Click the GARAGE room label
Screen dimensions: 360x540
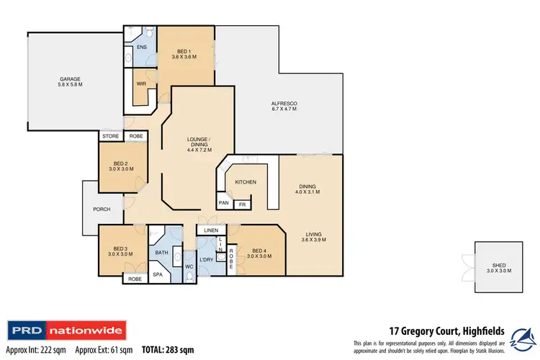click(x=71, y=81)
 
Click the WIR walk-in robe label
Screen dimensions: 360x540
click(x=141, y=84)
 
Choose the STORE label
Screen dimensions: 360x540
click(x=110, y=135)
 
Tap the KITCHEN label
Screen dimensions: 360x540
click(x=245, y=183)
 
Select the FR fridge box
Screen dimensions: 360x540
click(x=243, y=204)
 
